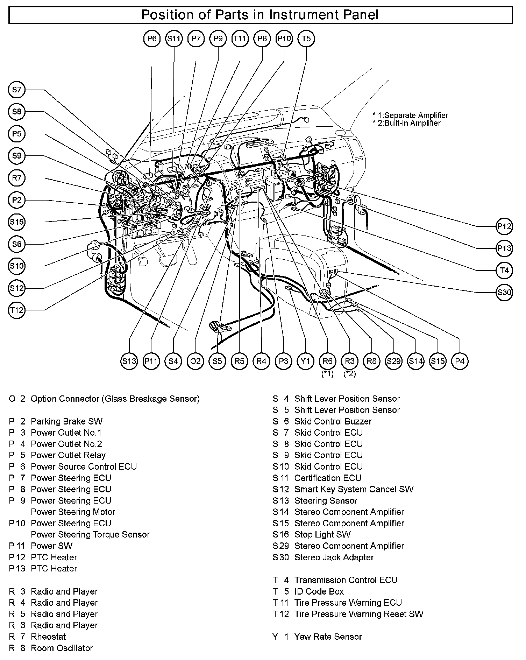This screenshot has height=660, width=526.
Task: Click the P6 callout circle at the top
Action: pyautogui.click(x=152, y=38)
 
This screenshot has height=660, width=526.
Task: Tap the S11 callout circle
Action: pyautogui.click(x=174, y=38)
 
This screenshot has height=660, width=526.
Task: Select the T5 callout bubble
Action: pyautogui.click(x=306, y=38)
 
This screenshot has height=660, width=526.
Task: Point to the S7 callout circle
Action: pyautogui.click(x=17, y=90)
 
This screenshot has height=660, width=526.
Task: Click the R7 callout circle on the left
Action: pyautogui.click(x=17, y=178)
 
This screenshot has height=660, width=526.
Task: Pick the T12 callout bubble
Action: pyautogui.click(x=17, y=310)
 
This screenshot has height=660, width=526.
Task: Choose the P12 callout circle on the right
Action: pyautogui.click(x=504, y=226)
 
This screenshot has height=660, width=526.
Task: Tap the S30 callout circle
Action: pyautogui.click(x=504, y=292)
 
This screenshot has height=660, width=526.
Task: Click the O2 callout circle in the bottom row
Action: pyautogui.click(x=195, y=361)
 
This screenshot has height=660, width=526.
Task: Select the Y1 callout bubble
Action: pyautogui.click(x=306, y=361)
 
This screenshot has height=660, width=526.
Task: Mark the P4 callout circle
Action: pyautogui.click(x=460, y=361)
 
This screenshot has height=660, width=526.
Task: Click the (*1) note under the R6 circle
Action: pyautogui.click(x=328, y=374)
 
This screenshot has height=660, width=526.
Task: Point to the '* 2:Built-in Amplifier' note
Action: pyautogui.click(x=407, y=123)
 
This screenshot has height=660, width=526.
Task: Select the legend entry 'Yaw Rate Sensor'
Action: pyautogui.click(x=328, y=637)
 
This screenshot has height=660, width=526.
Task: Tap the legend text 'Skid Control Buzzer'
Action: pyautogui.click(x=333, y=421)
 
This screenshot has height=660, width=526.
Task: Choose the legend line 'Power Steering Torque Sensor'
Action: pyautogui.click(x=90, y=534)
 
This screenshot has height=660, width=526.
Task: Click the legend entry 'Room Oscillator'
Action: pyautogui.click(x=62, y=648)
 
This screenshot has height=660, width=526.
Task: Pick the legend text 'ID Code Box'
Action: pyautogui.click(x=319, y=591)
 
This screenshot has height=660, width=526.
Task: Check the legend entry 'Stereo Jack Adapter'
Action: pyautogui.click(x=334, y=557)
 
